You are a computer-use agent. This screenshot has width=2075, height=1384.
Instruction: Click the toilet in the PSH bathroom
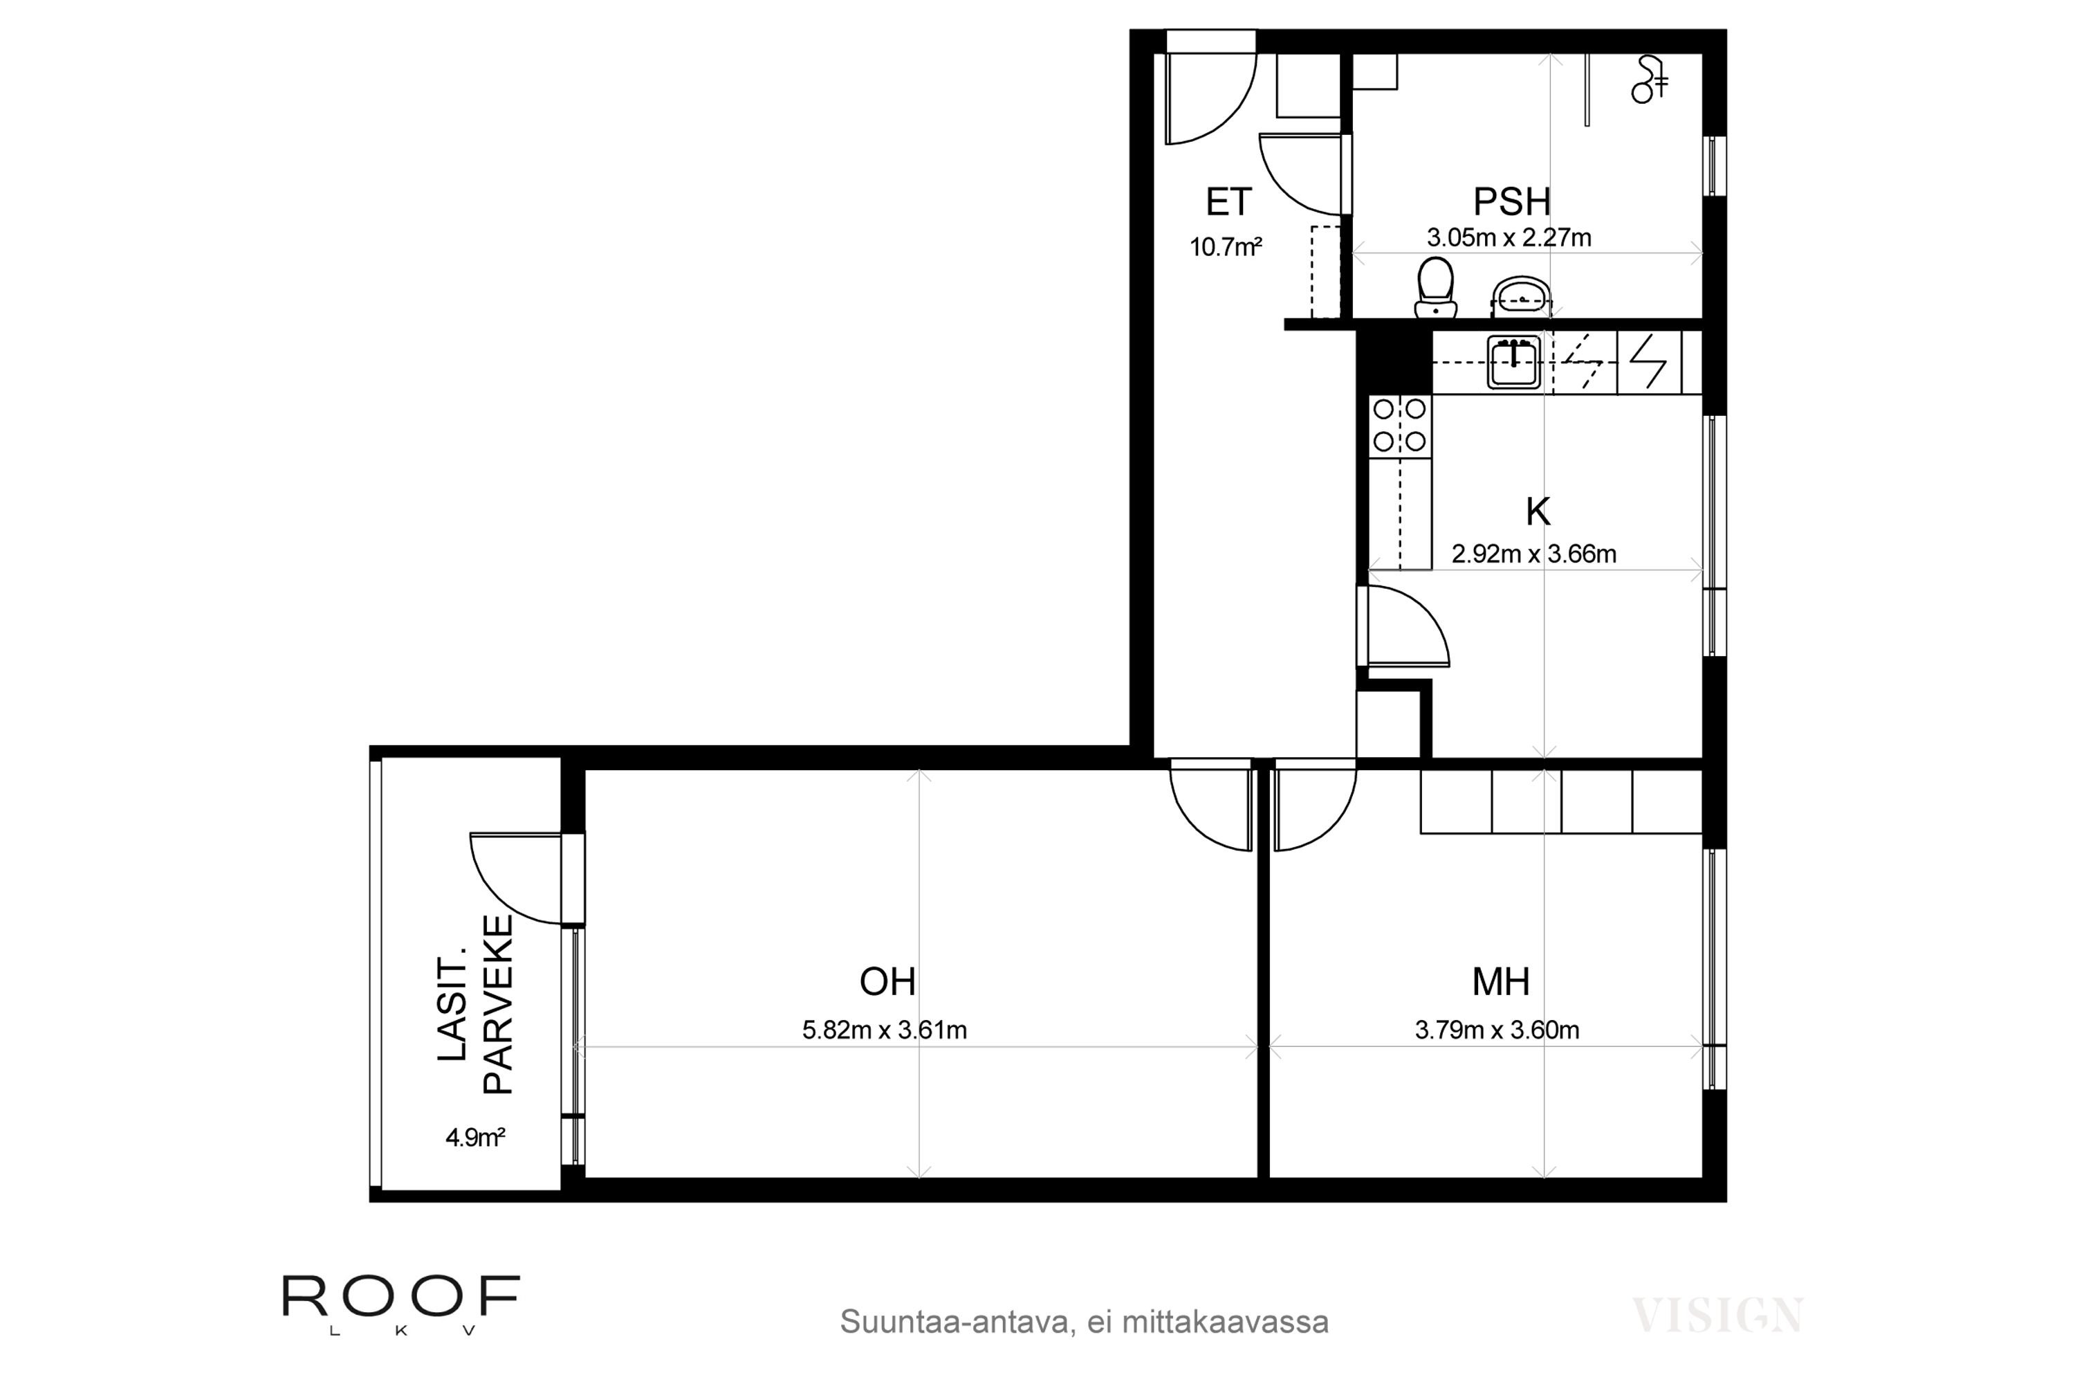click(x=1435, y=288)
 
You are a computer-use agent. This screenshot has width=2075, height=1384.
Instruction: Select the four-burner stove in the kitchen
click(x=1400, y=426)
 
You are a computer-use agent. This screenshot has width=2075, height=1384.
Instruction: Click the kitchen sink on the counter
click(x=1514, y=362)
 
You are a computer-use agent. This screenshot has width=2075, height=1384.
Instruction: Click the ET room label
click(x=1228, y=202)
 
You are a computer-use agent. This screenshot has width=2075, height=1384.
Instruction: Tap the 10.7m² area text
click(x=1226, y=247)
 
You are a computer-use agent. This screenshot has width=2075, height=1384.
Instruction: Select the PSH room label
click(x=1512, y=202)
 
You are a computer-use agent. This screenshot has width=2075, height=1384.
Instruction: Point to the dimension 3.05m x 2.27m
click(x=1509, y=237)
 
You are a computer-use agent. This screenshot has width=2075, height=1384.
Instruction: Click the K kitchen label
click(x=1538, y=512)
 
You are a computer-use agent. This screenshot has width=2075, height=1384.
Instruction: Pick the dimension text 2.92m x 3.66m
click(x=1534, y=554)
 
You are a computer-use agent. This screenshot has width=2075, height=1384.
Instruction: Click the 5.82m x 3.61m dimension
click(x=884, y=1030)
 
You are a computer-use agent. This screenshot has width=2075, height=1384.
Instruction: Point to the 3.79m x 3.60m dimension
click(x=1497, y=1030)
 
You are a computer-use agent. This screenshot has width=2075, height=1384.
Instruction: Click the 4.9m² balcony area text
click(x=474, y=1138)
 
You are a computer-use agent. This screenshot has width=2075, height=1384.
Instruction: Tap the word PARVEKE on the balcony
click(x=499, y=1005)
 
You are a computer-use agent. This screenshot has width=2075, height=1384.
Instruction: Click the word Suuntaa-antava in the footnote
click(x=954, y=1322)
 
